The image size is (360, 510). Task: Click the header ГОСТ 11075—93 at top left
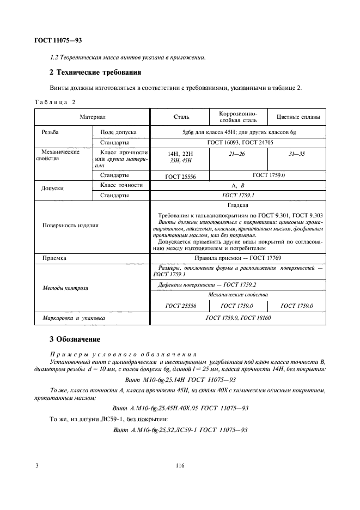tap(59, 40)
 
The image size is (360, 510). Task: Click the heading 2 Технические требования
tap(95, 72)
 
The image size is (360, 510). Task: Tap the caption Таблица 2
tap(55, 102)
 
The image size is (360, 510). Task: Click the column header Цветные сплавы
tap(298, 117)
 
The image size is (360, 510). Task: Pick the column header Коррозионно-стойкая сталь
tap(238, 116)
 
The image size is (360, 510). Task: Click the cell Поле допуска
tap(118, 132)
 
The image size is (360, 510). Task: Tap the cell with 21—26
tap(238, 154)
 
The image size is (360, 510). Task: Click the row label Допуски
tap(53, 188)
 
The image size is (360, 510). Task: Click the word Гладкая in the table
tap(237, 205)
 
